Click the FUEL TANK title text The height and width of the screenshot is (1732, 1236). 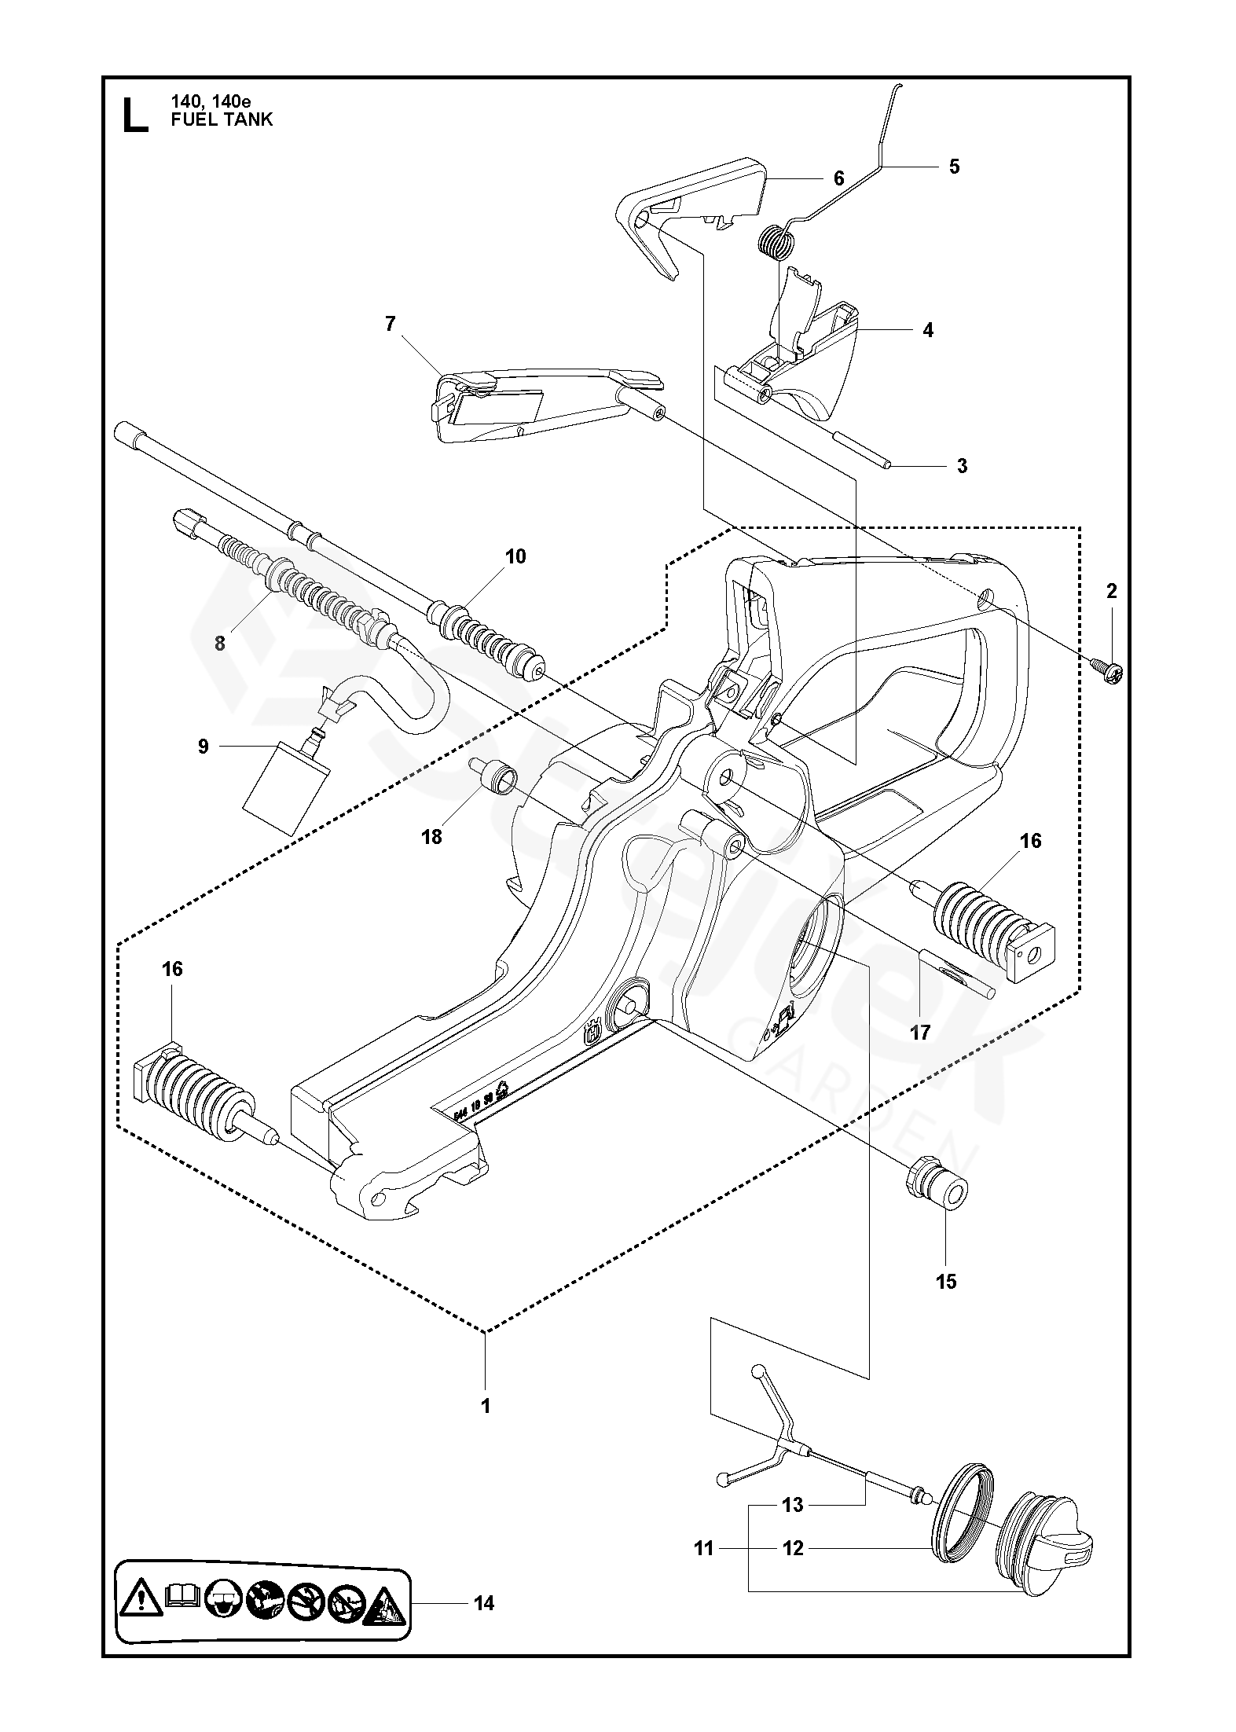[222, 119]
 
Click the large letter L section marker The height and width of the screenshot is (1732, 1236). [135, 115]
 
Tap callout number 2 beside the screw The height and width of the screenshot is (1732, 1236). [1111, 591]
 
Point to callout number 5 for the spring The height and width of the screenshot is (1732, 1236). [954, 167]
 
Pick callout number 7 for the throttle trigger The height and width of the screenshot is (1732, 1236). [391, 324]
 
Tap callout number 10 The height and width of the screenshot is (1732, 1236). [515, 557]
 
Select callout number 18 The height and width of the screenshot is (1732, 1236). [432, 836]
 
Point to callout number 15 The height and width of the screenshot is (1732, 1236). [946, 1282]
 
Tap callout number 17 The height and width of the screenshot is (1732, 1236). [920, 1032]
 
